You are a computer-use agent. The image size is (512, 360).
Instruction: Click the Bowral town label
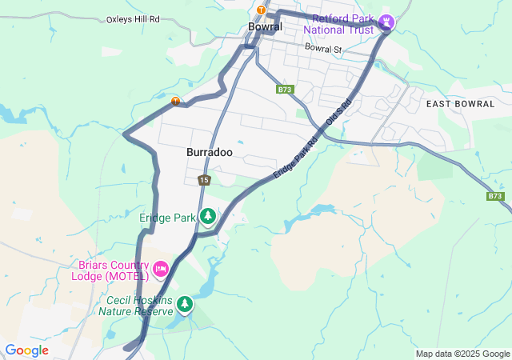click(x=265, y=26)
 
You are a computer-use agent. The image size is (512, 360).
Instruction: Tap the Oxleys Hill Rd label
click(x=133, y=19)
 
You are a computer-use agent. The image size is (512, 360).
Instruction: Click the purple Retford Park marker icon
click(x=387, y=22)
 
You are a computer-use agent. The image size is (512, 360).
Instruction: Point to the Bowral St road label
click(x=322, y=48)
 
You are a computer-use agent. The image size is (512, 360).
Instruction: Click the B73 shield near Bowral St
click(x=285, y=90)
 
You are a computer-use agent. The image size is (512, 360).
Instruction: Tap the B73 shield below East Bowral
click(x=495, y=196)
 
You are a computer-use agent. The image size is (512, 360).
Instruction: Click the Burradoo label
click(x=210, y=151)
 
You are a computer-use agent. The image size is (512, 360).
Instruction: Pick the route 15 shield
click(x=205, y=180)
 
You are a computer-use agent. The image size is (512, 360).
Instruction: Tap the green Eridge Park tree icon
click(x=208, y=216)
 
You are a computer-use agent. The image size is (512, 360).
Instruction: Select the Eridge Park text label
click(x=167, y=217)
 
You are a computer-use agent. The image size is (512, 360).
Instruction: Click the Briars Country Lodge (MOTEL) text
click(x=113, y=270)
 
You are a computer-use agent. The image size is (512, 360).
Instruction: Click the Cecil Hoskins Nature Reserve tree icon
click(x=185, y=304)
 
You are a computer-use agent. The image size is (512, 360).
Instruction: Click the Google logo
click(x=26, y=350)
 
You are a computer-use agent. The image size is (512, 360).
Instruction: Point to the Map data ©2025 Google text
click(x=462, y=354)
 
